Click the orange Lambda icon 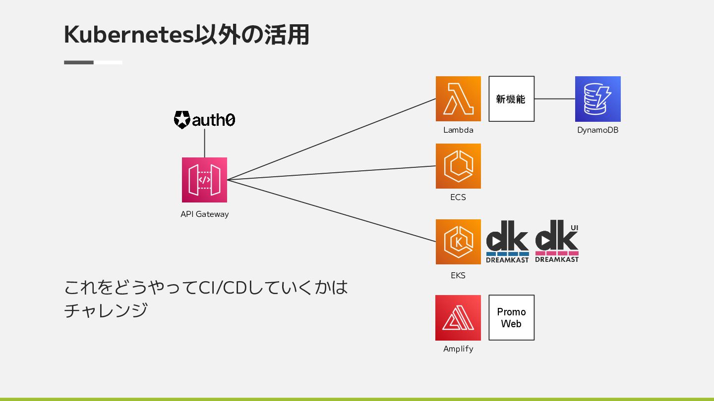[x=458, y=99]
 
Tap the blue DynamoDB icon [x=597, y=99]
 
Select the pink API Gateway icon [x=204, y=180]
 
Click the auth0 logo [x=204, y=120]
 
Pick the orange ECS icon [x=458, y=166]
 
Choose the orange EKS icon [x=458, y=242]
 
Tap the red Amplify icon [x=458, y=318]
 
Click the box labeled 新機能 [x=511, y=99]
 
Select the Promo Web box [x=511, y=318]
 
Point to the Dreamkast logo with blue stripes [x=507, y=242]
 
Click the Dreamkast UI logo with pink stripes [x=557, y=242]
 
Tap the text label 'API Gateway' [x=204, y=214]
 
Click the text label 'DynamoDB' [x=597, y=130]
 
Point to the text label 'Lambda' [x=458, y=130]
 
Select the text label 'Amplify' [x=458, y=349]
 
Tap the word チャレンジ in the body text [x=106, y=310]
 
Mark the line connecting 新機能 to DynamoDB [x=554, y=99]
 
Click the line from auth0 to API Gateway [x=204, y=143]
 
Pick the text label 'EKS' [x=458, y=275]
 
